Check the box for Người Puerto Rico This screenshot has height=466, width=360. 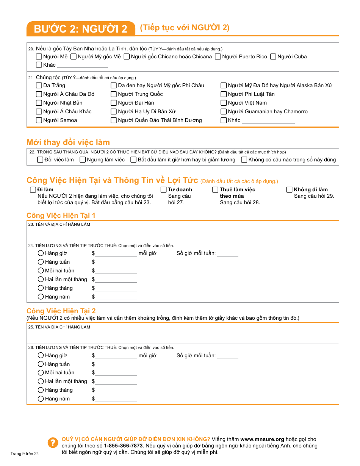(218, 57)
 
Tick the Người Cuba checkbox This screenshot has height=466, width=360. (273, 57)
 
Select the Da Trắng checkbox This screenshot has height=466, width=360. (39, 86)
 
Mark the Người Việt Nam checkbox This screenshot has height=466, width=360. (224, 103)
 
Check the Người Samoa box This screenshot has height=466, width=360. (39, 120)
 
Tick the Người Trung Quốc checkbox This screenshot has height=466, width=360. (114, 94)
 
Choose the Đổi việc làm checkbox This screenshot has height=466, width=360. (40, 160)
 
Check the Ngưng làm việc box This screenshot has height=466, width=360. (83, 160)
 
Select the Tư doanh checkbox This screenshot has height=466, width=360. (164, 190)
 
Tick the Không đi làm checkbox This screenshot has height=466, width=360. (290, 190)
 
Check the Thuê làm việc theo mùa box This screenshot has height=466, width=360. (216, 190)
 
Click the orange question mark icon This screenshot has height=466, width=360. (52, 443)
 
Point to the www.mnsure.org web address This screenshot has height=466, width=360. (262, 439)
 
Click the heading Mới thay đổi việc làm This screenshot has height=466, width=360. (68, 142)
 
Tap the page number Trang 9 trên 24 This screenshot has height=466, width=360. (25, 453)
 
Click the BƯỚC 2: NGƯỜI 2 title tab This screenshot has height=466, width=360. (81, 29)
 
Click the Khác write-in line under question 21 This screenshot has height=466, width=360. (268, 121)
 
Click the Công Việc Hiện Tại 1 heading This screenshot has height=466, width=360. (61, 216)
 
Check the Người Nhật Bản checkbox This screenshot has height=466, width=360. (39, 103)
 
